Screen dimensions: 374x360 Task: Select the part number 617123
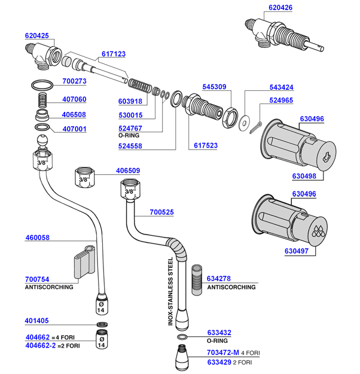114,54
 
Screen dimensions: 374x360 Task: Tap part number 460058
37,238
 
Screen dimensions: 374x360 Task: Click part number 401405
37,321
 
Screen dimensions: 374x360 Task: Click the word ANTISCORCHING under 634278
231,287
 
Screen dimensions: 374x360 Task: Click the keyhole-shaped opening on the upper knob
325,158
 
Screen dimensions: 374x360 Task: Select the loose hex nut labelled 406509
84,177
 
